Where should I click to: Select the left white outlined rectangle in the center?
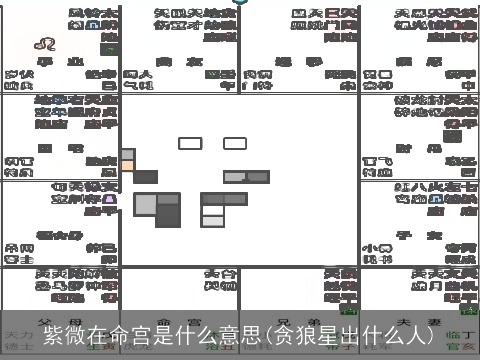[190, 143]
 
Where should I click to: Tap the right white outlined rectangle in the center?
[235, 143]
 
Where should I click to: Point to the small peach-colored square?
[127, 155]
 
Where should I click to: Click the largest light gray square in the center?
[144, 204]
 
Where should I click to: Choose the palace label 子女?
[420, 235]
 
